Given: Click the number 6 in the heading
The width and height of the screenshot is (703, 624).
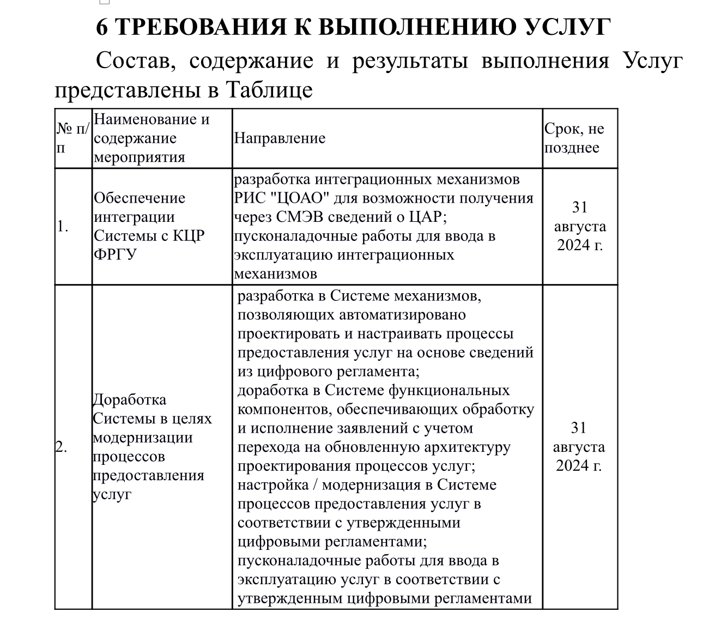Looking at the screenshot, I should (x=103, y=27).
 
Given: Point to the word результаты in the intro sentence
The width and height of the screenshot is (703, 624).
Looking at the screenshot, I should (x=410, y=60).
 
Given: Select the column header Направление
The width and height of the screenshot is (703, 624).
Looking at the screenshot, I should (x=280, y=138).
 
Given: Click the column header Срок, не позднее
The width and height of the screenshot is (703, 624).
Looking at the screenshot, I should (x=574, y=138).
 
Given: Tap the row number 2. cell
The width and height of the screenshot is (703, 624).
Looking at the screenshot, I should (x=62, y=447).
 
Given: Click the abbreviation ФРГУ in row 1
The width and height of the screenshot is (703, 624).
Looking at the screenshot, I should (x=115, y=255).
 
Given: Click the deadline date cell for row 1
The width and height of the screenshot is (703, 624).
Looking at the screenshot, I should (x=580, y=226).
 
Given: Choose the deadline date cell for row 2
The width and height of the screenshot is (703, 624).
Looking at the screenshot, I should (x=579, y=447).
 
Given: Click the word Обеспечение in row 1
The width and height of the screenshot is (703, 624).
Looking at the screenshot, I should (x=140, y=198).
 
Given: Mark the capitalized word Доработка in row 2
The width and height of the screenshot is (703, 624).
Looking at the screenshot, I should (x=130, y=399).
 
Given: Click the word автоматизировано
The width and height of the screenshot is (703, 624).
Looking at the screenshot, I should (x=403, y=315).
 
